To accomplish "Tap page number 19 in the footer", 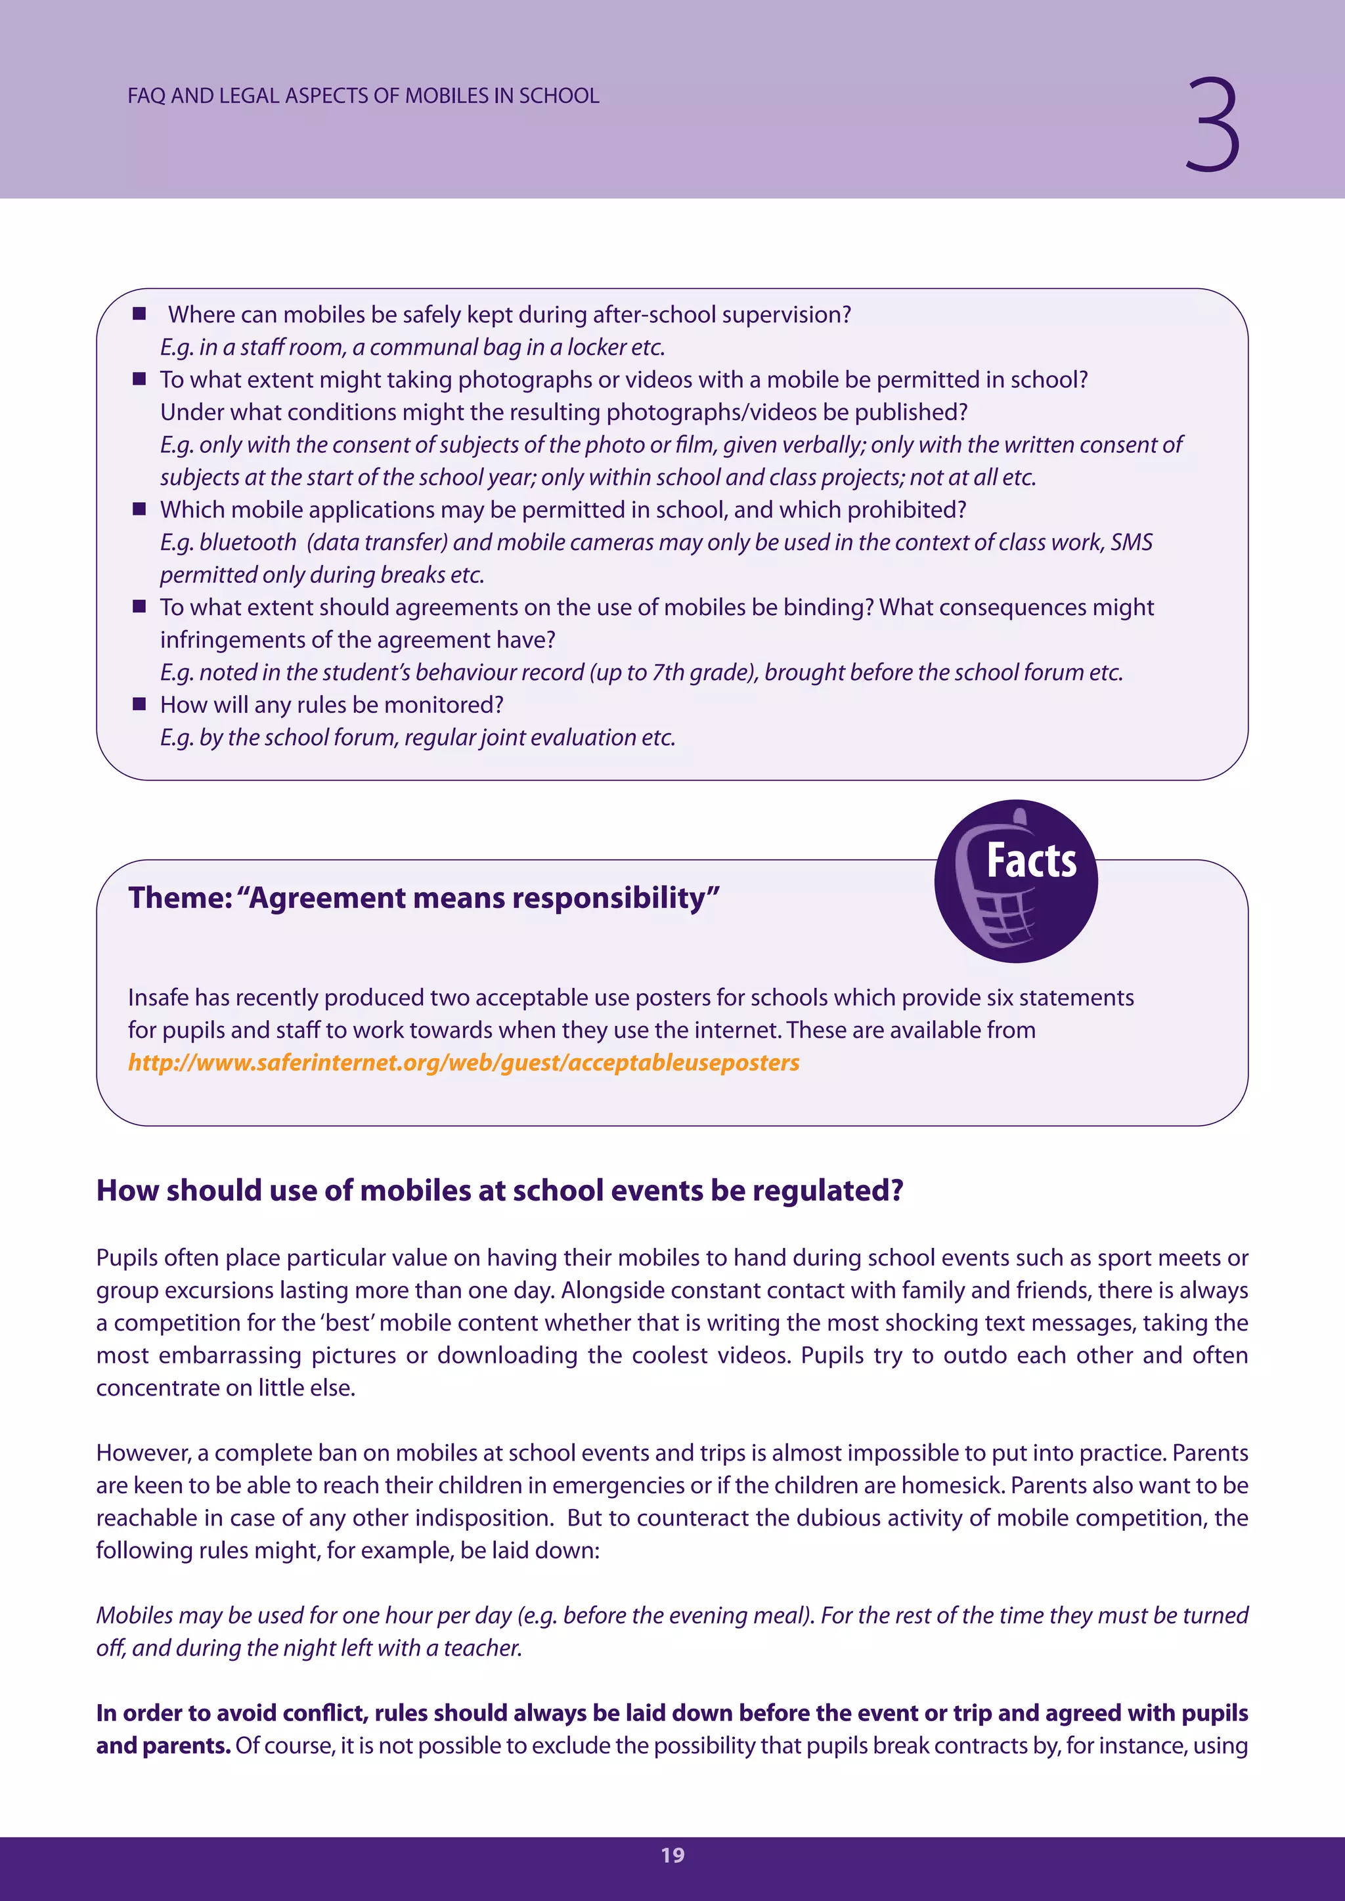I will (x=672, y=1854).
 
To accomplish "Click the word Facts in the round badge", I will (x=1031, y=861).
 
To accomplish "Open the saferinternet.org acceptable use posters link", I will (x=464, y=1062).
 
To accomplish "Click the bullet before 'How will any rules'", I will (x=139, y=704).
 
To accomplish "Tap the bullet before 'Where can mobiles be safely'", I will (x=139, y=314).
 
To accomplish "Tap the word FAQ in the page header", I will (x=146, y=96).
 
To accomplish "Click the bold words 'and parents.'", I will (x=163, y=1745).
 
